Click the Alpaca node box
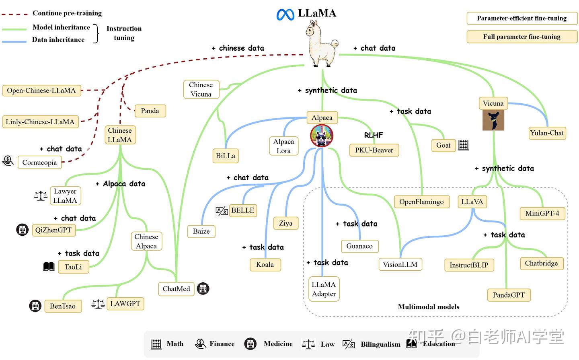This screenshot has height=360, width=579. coord(322,117)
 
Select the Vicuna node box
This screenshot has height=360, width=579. coord(493,103)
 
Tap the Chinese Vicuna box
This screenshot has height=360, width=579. coord(201,90)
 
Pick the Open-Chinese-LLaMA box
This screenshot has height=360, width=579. coord(41,91)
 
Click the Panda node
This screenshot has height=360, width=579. coord(150,111)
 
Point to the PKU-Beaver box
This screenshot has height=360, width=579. coord(374,150)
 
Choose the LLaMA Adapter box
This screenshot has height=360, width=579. coord(324,289)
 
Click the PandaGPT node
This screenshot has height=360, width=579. coord(509,295)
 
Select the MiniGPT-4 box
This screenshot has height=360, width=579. coord(542,213)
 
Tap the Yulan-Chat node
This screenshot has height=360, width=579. coord(547,133)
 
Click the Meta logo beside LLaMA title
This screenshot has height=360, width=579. coord(285,14)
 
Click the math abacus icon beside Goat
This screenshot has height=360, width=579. coord(463,145)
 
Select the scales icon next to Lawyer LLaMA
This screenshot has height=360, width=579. coord(41,196)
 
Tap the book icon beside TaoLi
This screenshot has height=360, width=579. coord(49,266)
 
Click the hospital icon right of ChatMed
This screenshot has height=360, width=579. coord(203,288)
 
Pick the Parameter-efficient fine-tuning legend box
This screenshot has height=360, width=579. coord(522,18)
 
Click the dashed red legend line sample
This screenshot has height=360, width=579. coord(14,14)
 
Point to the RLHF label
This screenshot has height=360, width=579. coord(373,135)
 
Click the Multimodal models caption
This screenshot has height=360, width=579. coord(428,307)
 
